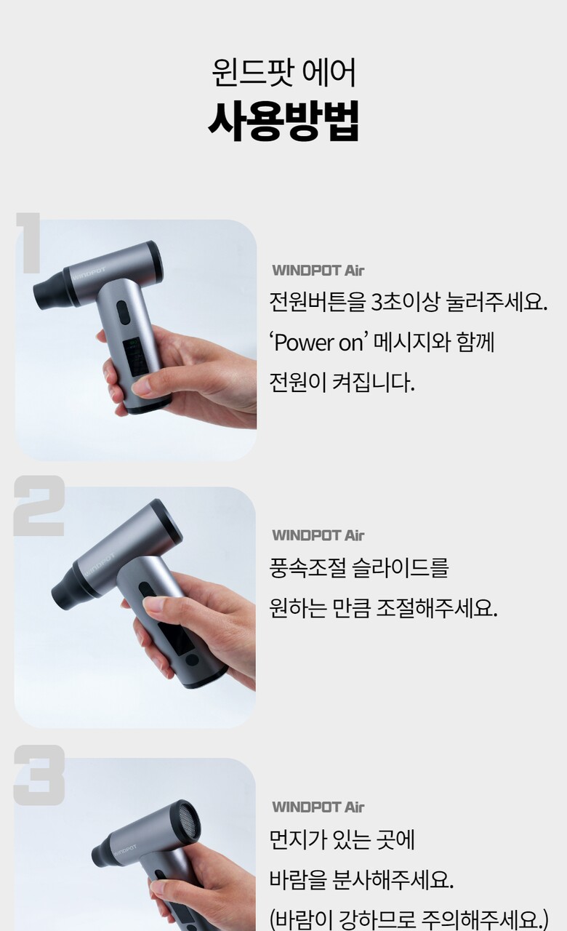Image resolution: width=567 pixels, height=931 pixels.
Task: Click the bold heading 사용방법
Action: click(283, 120)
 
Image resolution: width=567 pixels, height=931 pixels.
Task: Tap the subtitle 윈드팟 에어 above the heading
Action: click(283, 73)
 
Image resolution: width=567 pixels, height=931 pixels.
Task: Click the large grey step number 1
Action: click(29, 243)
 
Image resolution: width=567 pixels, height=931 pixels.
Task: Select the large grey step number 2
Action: click(39, 506)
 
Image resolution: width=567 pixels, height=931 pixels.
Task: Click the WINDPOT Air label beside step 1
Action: click(318, 271)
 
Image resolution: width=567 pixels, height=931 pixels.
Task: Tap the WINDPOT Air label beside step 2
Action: click(318, 535)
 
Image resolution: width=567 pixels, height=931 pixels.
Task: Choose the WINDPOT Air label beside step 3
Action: click(318, 807)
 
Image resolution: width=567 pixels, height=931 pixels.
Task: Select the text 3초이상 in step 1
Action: click(404, 302)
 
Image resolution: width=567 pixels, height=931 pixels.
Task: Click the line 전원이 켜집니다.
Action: click(342, 383)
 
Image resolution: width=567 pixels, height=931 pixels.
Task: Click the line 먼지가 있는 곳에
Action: click(342, 839)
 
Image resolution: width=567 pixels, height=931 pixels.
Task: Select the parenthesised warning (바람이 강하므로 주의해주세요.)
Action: click(409, 918)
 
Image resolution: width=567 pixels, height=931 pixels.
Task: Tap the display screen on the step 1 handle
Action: click(135, 358)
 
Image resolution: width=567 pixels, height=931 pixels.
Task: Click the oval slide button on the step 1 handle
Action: click(123, 313)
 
